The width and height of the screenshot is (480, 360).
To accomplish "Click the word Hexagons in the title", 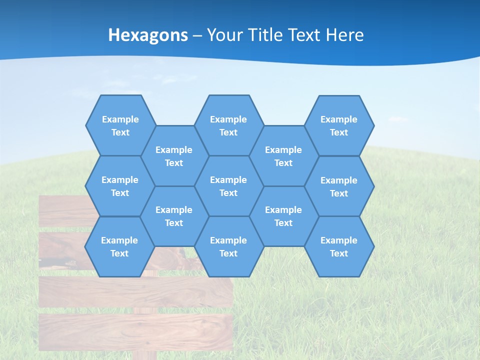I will [x=148, y=35].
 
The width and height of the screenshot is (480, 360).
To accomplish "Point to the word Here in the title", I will [x=345, y=35].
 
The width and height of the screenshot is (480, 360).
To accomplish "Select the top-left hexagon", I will [x=120, y=125].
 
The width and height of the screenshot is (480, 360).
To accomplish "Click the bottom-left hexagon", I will [x=119, y=246].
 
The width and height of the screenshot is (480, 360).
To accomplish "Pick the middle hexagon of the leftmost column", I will [x=119, y=186].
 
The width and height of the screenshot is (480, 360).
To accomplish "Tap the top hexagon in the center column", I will [x=228, y=125].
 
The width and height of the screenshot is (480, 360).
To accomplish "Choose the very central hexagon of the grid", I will [x=228, y=186].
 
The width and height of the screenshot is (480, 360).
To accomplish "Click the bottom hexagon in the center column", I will [x=228, y=246].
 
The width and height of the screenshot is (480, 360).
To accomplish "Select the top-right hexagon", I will [x=339, y=125].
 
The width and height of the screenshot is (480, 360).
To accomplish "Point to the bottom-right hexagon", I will [x=339, y=246].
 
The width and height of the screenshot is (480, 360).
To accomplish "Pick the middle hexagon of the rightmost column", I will [x=339, y=186].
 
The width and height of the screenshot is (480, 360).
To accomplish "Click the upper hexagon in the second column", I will [x=174, y=156].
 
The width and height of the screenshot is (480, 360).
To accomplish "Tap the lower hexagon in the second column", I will [x=174, y=216].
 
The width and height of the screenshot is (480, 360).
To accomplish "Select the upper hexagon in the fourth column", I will [x=283, y=156].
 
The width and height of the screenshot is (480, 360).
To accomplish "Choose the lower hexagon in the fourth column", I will [x=283, y=216].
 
